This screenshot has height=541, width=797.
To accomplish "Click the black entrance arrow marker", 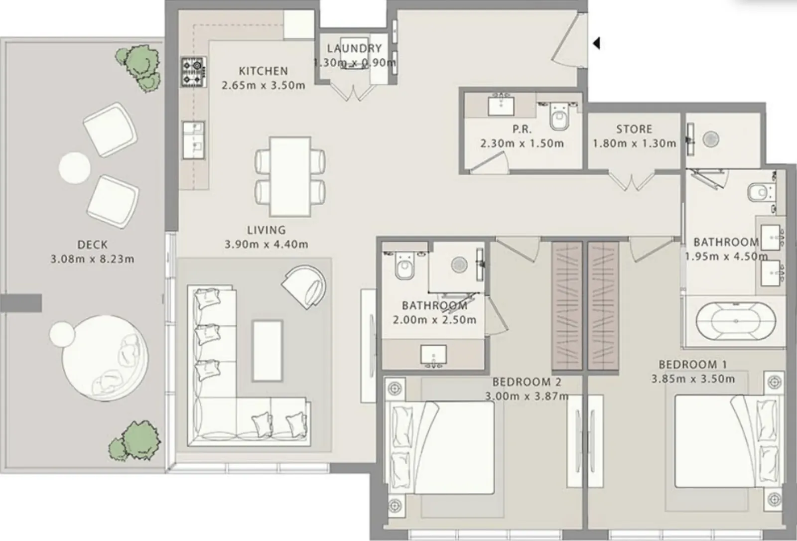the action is click(x=597, y=43).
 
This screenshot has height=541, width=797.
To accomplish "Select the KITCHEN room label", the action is click(x=264, y=71).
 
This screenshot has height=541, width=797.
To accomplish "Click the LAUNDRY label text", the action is click(x=354, y=48).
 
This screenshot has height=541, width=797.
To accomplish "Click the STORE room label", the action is click(x=635, y=129).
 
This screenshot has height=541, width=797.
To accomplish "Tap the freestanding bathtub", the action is click(x=736, y=321).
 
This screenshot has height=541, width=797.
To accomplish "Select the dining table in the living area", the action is click(x=290, y=176).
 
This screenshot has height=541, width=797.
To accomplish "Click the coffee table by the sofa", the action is click(x=267, y=351).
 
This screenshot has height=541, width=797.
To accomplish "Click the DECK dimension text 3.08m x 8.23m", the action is click(x=93, y=259).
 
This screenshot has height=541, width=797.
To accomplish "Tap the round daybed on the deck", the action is click(x=105, y=358).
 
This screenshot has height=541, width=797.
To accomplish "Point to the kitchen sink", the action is click(x=194, y=140).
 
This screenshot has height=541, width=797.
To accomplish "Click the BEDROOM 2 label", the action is click(x=527, y=382).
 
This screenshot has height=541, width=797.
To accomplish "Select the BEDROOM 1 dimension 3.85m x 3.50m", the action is click(x=693, y=379).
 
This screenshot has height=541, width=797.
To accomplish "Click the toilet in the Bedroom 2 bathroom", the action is click(x=405, y=266).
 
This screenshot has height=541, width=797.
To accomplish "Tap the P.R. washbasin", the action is click(x=501, y=106).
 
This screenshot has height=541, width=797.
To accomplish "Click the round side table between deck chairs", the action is click(x=74, y=168).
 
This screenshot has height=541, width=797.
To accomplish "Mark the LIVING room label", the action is click(x=266, y=230).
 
